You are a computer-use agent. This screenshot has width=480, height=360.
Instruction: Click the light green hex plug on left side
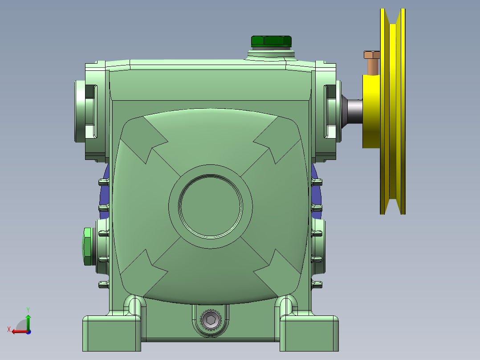(87, 246)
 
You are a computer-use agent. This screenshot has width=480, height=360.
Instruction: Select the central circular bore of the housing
(211, 205)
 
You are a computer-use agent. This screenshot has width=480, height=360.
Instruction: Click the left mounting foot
(109, 332)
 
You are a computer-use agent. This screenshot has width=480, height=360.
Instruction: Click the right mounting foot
(308, 332)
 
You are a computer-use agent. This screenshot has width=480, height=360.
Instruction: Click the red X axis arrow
(17, 331)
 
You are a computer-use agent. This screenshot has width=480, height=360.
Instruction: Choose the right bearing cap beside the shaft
(333, 111)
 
